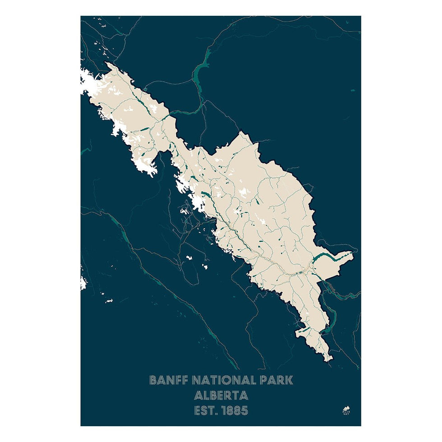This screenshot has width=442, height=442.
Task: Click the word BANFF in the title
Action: click(169, 380)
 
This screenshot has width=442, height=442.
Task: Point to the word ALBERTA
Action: click(221, 396)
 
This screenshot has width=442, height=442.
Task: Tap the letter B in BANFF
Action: click(153, 380)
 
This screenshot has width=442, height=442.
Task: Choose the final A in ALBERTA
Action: click(244, 396)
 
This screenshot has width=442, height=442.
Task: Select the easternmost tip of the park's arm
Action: click(353, 254)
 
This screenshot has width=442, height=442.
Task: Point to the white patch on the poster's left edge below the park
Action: click(83, 282)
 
